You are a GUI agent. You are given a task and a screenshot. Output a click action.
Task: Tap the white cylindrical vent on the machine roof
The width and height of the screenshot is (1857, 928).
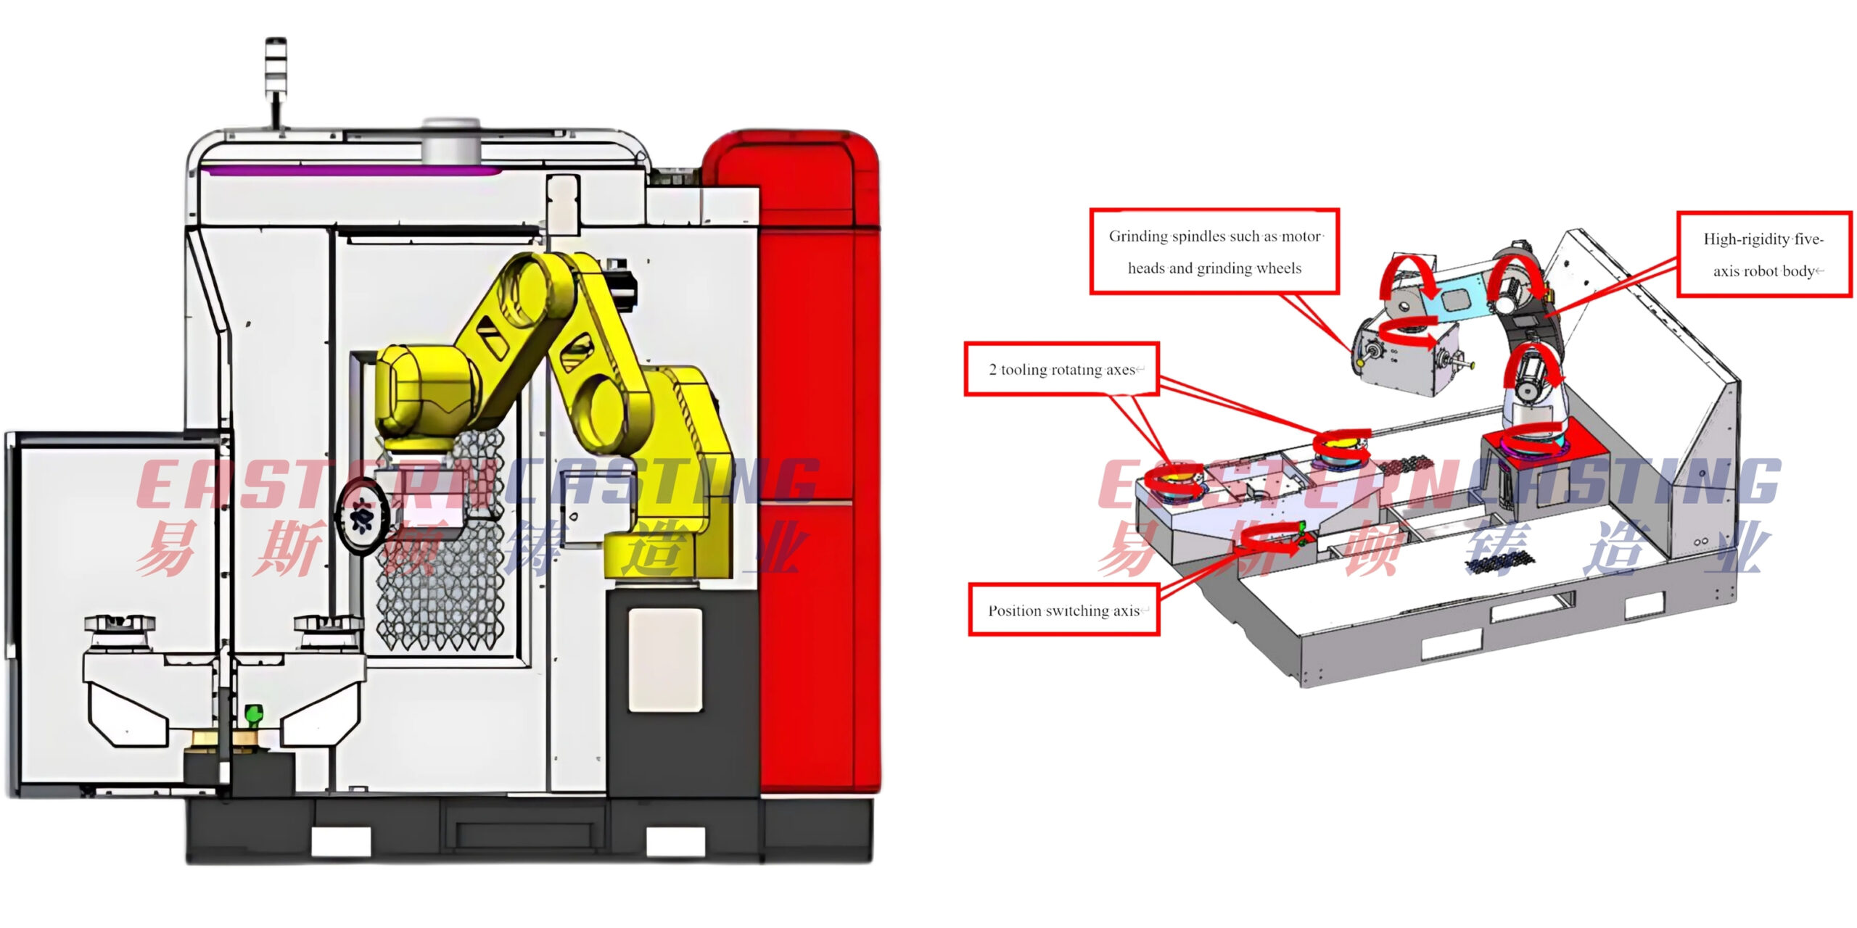[450, 140]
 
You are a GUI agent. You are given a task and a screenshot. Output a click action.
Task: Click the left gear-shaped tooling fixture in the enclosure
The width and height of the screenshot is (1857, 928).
[119, 626]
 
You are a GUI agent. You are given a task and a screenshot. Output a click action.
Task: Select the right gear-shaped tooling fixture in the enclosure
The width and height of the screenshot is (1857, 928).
[328, 626]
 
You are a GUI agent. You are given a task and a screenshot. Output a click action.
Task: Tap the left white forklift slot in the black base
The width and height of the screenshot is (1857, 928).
[341, 841]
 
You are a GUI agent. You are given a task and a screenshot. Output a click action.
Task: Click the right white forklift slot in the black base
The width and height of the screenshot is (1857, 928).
[675, 841]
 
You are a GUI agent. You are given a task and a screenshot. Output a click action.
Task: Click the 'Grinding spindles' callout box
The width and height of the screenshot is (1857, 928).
[1214, 252]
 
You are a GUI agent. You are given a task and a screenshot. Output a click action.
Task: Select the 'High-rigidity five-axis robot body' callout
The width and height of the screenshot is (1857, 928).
[1764, 254]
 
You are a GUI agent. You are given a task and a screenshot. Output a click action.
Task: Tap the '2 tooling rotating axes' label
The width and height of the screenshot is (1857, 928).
[1061, 370]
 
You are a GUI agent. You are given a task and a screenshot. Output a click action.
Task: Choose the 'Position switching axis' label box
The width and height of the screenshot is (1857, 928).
[1064, 610]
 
